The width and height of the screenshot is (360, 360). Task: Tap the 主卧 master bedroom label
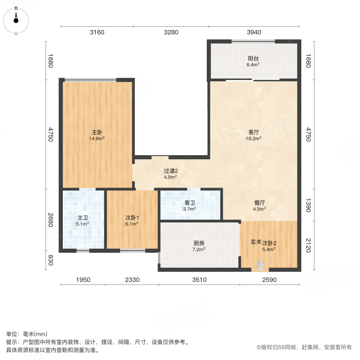(x=96, y=132)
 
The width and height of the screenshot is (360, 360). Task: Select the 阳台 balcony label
(x=253, y=58)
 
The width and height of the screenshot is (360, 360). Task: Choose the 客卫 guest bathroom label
(x=189, y=202)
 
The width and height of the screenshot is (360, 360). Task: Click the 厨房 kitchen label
(x=199, y=243)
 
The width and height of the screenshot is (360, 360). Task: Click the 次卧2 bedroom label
(x=269, y=243)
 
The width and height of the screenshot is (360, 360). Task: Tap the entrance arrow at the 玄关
(x=260, y=264)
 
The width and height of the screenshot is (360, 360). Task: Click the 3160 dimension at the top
(x=97, y=32)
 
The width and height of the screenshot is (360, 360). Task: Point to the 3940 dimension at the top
(x=253, y=32)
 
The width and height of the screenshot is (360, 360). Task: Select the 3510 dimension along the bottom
(x=199, y=280)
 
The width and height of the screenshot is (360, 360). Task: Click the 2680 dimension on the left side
(x=50, y=220)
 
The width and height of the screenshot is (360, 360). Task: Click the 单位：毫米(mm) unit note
(x=26, y=334)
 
